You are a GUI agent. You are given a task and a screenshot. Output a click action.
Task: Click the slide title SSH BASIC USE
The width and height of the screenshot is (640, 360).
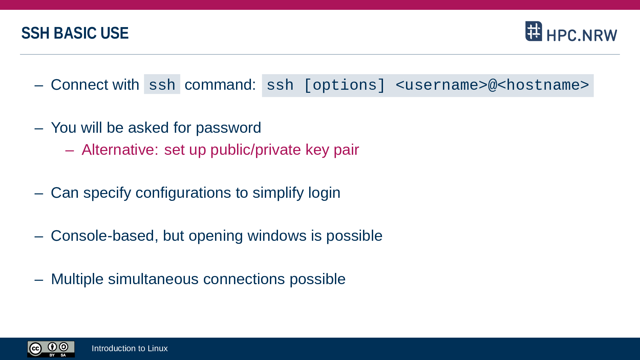[75, 33]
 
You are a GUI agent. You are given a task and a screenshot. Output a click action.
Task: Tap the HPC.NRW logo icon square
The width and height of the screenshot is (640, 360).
[534, 31]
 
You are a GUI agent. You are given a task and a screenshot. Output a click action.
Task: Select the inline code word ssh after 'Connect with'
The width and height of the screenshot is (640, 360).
[162, 85]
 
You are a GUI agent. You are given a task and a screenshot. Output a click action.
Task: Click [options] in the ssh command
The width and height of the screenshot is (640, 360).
[344, 85]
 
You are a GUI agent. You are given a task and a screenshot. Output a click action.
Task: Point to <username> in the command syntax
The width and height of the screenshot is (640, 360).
[441, 85]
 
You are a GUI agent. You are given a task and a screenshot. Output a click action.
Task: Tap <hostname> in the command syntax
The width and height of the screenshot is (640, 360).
[543, 85]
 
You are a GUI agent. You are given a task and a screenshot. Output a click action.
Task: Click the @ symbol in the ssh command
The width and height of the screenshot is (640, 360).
[492, 85]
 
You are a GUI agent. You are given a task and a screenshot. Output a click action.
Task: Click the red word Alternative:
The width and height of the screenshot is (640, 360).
[120, 150]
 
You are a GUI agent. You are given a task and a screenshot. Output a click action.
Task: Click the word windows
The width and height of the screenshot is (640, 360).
[277, 236]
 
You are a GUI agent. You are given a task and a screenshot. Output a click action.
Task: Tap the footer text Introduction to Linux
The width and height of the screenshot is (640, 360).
[130, 348]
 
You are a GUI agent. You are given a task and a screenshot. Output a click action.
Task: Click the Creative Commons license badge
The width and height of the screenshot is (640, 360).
[51, 349]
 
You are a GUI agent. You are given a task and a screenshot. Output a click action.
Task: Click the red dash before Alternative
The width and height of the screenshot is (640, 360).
[69, 150]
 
